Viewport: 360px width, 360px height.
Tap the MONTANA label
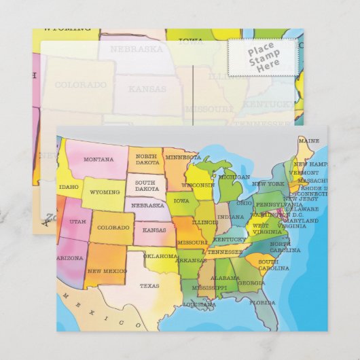click(98, 159)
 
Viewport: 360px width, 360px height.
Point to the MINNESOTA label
click(183, 158)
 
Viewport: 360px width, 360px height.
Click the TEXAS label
click(149, 286)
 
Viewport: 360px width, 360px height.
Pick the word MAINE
click(308, 141)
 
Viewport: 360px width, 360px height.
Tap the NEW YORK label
click(268, 184)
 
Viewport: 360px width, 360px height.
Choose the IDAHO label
click(69, 187)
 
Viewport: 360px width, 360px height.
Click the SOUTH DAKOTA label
click(147, 185)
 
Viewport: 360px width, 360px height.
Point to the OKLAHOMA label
click(161, 256)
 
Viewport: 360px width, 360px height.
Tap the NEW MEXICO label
click(107, 270)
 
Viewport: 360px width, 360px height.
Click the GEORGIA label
click(251, 283)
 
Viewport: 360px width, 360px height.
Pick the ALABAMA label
click(224, 278)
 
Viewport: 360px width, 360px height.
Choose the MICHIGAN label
click(234, 177)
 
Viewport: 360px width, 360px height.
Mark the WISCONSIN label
click(198, 184)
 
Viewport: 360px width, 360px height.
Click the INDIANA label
click(226, 217)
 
